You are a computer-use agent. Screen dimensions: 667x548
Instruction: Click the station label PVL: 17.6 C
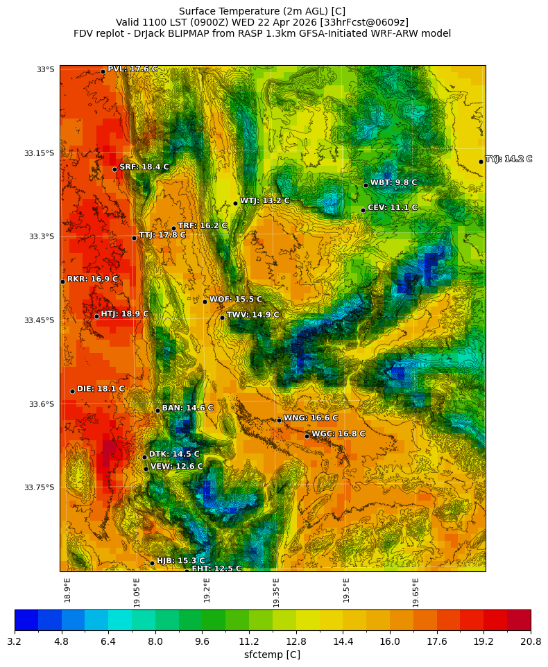tap(132, 69)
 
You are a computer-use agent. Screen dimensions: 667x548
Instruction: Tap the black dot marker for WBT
tap(366, 185)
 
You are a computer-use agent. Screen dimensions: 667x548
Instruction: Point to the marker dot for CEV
tap(363, 210)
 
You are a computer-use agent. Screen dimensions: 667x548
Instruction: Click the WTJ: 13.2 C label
tap(264, 201)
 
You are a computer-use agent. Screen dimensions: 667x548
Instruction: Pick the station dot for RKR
tap(62, 281)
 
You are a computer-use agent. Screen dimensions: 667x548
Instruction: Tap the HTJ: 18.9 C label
tap(124, 314)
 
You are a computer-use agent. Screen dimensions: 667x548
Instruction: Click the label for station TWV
tap(252, 315)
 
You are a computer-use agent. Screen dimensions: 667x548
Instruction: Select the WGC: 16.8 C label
tap(338, 434)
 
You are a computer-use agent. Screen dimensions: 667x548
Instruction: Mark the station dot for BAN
tap(157, 411)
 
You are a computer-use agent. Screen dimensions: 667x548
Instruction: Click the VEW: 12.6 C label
tap(176, 467)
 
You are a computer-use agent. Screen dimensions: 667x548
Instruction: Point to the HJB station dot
tap(152, 563)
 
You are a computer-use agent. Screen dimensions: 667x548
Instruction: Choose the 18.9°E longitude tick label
tap(67, 590)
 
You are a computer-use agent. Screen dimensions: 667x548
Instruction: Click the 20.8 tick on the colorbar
tap(531, 641)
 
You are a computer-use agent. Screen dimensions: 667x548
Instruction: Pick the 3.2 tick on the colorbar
tap(15, 641)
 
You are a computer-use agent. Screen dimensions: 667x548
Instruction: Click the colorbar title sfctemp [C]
tap(273, 655)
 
